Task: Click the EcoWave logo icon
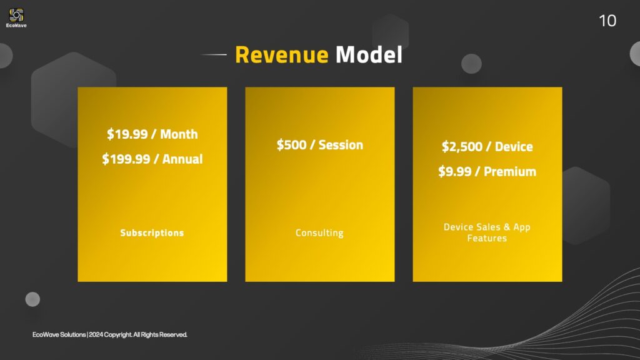coord(16,15)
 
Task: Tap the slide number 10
coord(607,21)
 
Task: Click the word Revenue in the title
coord(282,55)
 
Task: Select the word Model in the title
coord(369,55)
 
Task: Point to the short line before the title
coord(214,54)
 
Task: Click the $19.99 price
coord(127,134)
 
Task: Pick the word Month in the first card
coord(179,134)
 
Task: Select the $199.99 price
coord(126,159)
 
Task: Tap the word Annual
coord(182,159)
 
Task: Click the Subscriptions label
coord(152,232)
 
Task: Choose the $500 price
coord(291,144)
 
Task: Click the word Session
coord(341,144)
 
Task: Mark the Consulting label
coord(319,232)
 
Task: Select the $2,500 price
coord(462,146)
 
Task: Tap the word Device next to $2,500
coord(514,146)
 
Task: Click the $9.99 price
coord(455,171)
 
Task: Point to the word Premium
coord(510,171)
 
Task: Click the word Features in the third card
coord(487,238)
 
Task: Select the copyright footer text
coord(110,335)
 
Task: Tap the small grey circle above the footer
coord(32,299)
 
